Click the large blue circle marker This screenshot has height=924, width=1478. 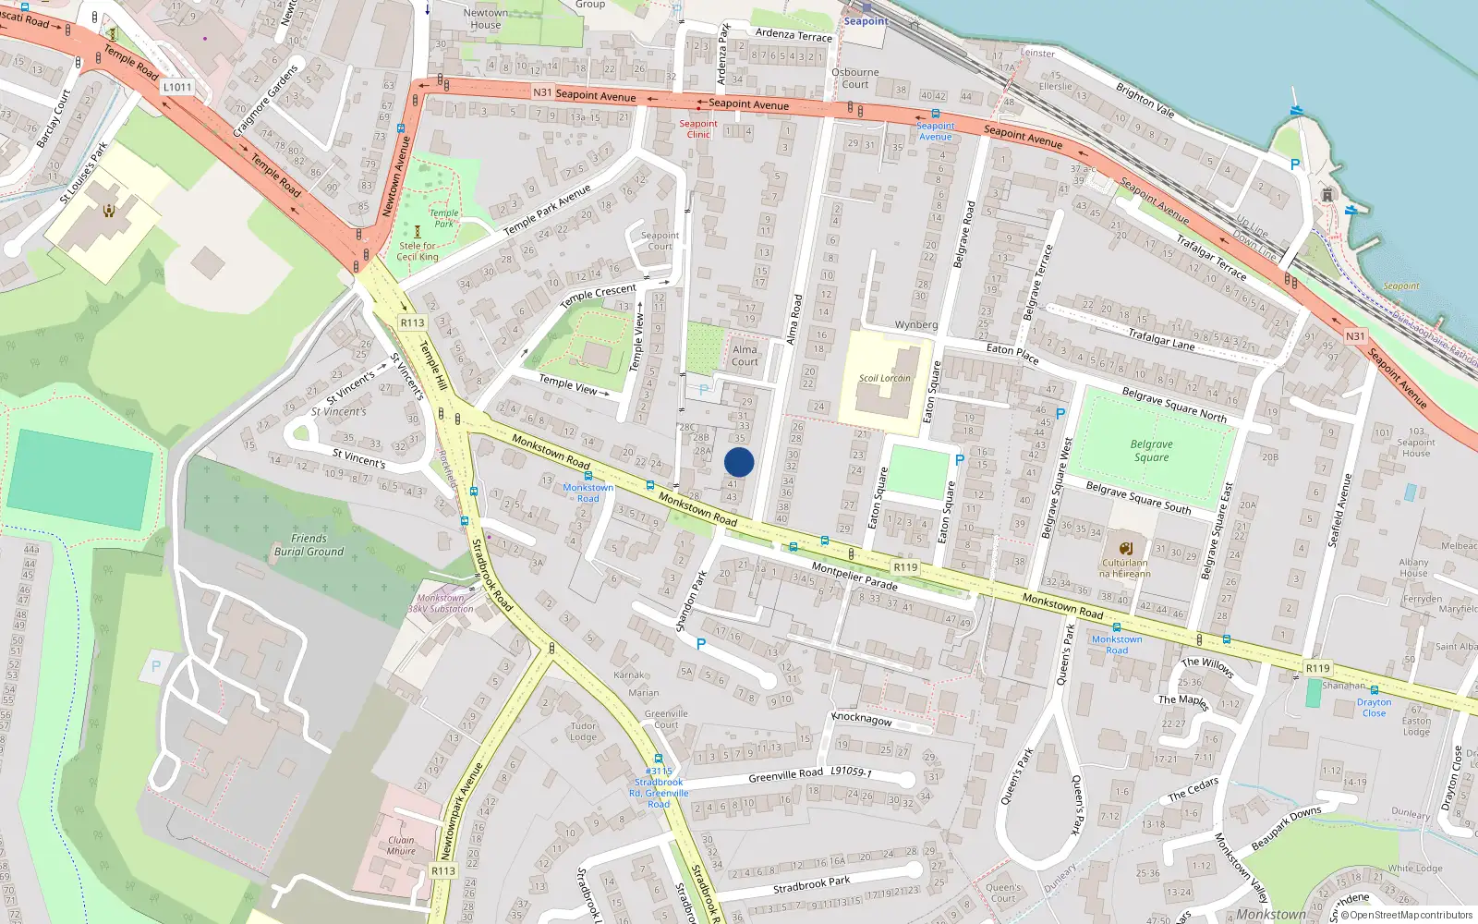tap(739, 462)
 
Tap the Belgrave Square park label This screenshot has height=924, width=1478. tap(1151, 451)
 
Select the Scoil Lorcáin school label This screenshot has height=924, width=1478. tap(884, 378)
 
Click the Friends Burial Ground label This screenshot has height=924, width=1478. tap(309, 545)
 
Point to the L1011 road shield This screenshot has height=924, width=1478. tap(177, 87)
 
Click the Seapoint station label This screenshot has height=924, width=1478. tap(866, 21)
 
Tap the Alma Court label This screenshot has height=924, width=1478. tap(745, 356)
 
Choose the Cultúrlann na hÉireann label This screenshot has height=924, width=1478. tap(1124, 568)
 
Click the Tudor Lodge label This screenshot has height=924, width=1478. tap(583, 731)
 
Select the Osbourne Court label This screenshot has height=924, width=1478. tap(855, 78)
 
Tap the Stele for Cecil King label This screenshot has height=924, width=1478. tap(418, 251)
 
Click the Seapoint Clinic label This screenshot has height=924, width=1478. tap(698, 129)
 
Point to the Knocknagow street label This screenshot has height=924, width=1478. tap(862, 718)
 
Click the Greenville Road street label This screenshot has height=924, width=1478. tap(785, 774)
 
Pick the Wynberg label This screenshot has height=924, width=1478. tap(915, 325)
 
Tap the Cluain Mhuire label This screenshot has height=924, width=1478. tap(401, 845)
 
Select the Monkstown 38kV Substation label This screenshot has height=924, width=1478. tap(441, 603)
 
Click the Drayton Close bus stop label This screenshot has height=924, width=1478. tap(1374, 708)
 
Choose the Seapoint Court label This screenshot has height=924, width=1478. tap(660, 241)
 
